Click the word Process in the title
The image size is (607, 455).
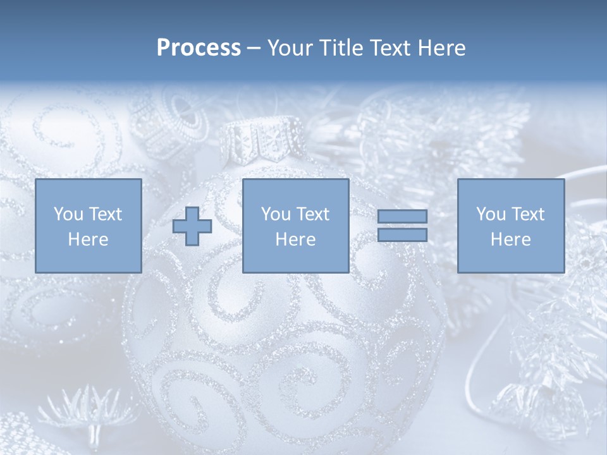click(x=199, y=48)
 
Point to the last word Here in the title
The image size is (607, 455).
click(x=443, y=48)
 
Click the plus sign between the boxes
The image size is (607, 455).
click(x=192, y=226)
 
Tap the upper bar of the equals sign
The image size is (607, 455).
click(x=402, y=217)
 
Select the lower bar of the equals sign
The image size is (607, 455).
click(x=402, y=235)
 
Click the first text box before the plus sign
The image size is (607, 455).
click(x=89, y=226)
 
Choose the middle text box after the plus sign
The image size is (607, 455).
click(x=295, y=226)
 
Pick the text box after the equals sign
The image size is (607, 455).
click(x=511, y=226)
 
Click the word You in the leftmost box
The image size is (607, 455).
click(x=68, y=214)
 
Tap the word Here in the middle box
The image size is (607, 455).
click(x=295, y=240)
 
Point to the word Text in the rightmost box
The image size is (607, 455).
click(x=527, y=214)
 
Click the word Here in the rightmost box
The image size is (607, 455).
click(x=511, y=240)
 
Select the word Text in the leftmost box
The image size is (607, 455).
click(x=105, y=214)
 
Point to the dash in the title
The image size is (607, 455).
click(x=254, y=48)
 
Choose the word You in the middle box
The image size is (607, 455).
click(x=276, y=214)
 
